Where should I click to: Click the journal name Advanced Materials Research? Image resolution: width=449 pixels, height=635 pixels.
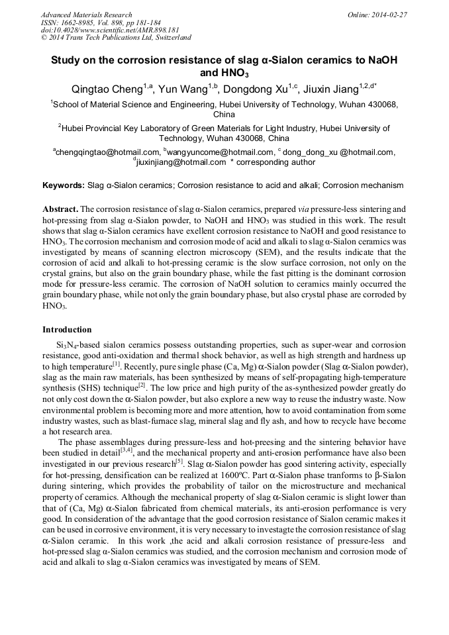86,15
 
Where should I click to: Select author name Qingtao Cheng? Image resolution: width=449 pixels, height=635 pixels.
109,89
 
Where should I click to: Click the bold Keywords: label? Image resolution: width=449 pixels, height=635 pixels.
64,186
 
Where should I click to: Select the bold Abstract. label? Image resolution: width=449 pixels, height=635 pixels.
61,208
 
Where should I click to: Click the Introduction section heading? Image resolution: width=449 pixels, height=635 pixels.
67,329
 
